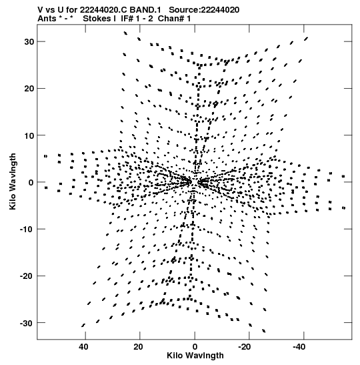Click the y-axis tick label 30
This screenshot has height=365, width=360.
(x=29, y=42)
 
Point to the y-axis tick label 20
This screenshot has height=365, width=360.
(x=29, y=89)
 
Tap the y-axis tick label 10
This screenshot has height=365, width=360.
(x=29, y=135)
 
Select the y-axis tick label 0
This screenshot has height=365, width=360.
(x=31, y=183)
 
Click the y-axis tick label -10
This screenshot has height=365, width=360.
(x=27, y=230)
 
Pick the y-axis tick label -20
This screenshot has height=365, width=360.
(x=27, y=276)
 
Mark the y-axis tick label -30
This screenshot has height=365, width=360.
(x=27, y=323)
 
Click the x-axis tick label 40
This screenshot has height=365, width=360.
(x=83, y=347)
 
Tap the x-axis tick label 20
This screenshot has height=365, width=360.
(x=138, y=347)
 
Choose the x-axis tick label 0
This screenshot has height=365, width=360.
(x=195, y=347)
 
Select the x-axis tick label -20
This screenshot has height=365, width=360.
(x=245, y=347)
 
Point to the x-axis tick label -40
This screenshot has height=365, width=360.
(x=299, y=347)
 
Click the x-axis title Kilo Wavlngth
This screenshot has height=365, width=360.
(x=195, y=356)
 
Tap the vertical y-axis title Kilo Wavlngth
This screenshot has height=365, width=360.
(x=13, y=181)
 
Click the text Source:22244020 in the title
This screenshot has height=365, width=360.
(x=204, y=10)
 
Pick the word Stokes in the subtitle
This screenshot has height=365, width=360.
(x=97, y=19)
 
